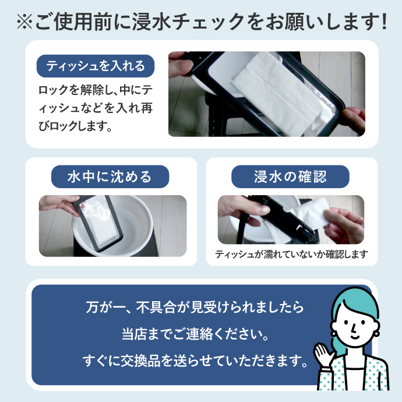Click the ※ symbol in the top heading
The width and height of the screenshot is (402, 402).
pyautogui.click(x=24, y=22)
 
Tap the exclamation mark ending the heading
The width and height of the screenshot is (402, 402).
pyautogui.click(x=384, y=22)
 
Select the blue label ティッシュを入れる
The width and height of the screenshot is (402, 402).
pyautogui.click(x=96, y=66)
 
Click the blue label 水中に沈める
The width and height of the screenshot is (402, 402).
pyautogui.click(x=110, y=177)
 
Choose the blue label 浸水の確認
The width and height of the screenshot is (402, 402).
pyautogui.click(x=290, y=177)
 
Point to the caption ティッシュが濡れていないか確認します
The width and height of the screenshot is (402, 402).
pyautogui.click(x=291, y=255)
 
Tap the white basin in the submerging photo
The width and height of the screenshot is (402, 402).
pyautogui.click(x=113, y=225)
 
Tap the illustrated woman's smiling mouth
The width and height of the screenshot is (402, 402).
pyautogui.click(x=355, y=336)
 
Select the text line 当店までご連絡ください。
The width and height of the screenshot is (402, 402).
pyautogui.click(x=195, y=334)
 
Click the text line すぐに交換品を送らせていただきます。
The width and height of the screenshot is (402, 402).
pyautogui.click(x=195, y=361)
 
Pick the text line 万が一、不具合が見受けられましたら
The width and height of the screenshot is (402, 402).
pyautogui.click(x=195, y=307)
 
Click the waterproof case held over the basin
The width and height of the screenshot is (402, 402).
pyautogui.click(x=97, y=223)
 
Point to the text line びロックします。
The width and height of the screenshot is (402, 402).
pyautogui.click(x=75, y=126)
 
